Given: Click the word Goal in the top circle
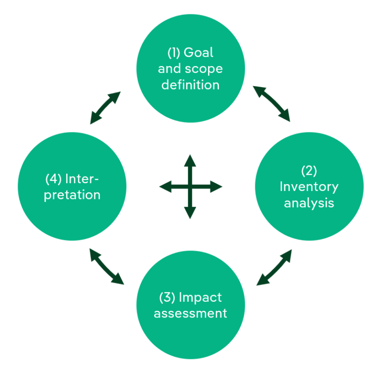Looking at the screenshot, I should click(x=199, y=52).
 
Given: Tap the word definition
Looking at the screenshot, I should click(x=190, y=85).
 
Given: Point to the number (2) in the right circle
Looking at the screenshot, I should click(x=309, y=170).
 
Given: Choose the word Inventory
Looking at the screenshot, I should click(x=309, y=186).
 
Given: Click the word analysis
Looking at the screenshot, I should click(x=309, y=203).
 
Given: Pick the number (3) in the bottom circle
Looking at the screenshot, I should click(x=167, y=297).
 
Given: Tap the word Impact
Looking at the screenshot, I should click(x=200, y=297).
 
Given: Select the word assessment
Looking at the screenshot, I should click(x=190, y=314).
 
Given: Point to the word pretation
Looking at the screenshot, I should click(x=72, y=195).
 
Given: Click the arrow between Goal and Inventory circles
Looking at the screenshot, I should click(x=271, y=103).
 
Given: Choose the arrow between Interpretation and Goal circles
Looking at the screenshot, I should click(x=105, y=108).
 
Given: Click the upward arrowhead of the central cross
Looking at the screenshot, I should click(x=190, y=159).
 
